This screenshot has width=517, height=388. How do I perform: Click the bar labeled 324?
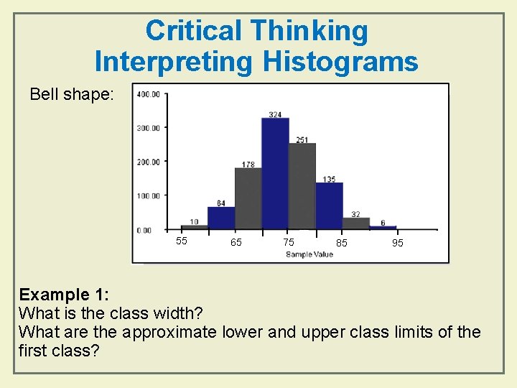coord(275,174)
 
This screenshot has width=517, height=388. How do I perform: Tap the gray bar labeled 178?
coord(248,199)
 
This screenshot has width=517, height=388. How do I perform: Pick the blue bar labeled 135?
coord(330,206)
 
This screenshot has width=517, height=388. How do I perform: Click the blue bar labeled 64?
coord(221,218)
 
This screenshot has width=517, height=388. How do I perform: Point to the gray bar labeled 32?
coord(356,223)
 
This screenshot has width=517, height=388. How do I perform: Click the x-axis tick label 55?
coord(182,241)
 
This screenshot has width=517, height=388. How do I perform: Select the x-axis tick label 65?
coord(236,243)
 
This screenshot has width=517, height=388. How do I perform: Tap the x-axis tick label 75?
coord(289,242)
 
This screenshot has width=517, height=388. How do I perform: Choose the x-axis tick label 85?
coord(342,244)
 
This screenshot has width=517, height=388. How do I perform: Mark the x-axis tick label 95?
coord(397,244)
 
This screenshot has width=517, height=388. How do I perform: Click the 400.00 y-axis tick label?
coord(148,94)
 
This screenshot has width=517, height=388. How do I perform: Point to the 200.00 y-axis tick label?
coord(148,162)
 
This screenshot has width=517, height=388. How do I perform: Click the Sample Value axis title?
coord(309,254)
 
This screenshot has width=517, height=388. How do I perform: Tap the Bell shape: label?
coord(71,94)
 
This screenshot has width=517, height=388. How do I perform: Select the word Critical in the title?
coord(194,31)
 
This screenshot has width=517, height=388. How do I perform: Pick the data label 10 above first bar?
coord(195,221)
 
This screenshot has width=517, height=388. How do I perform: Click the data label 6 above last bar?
coord(383,223)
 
